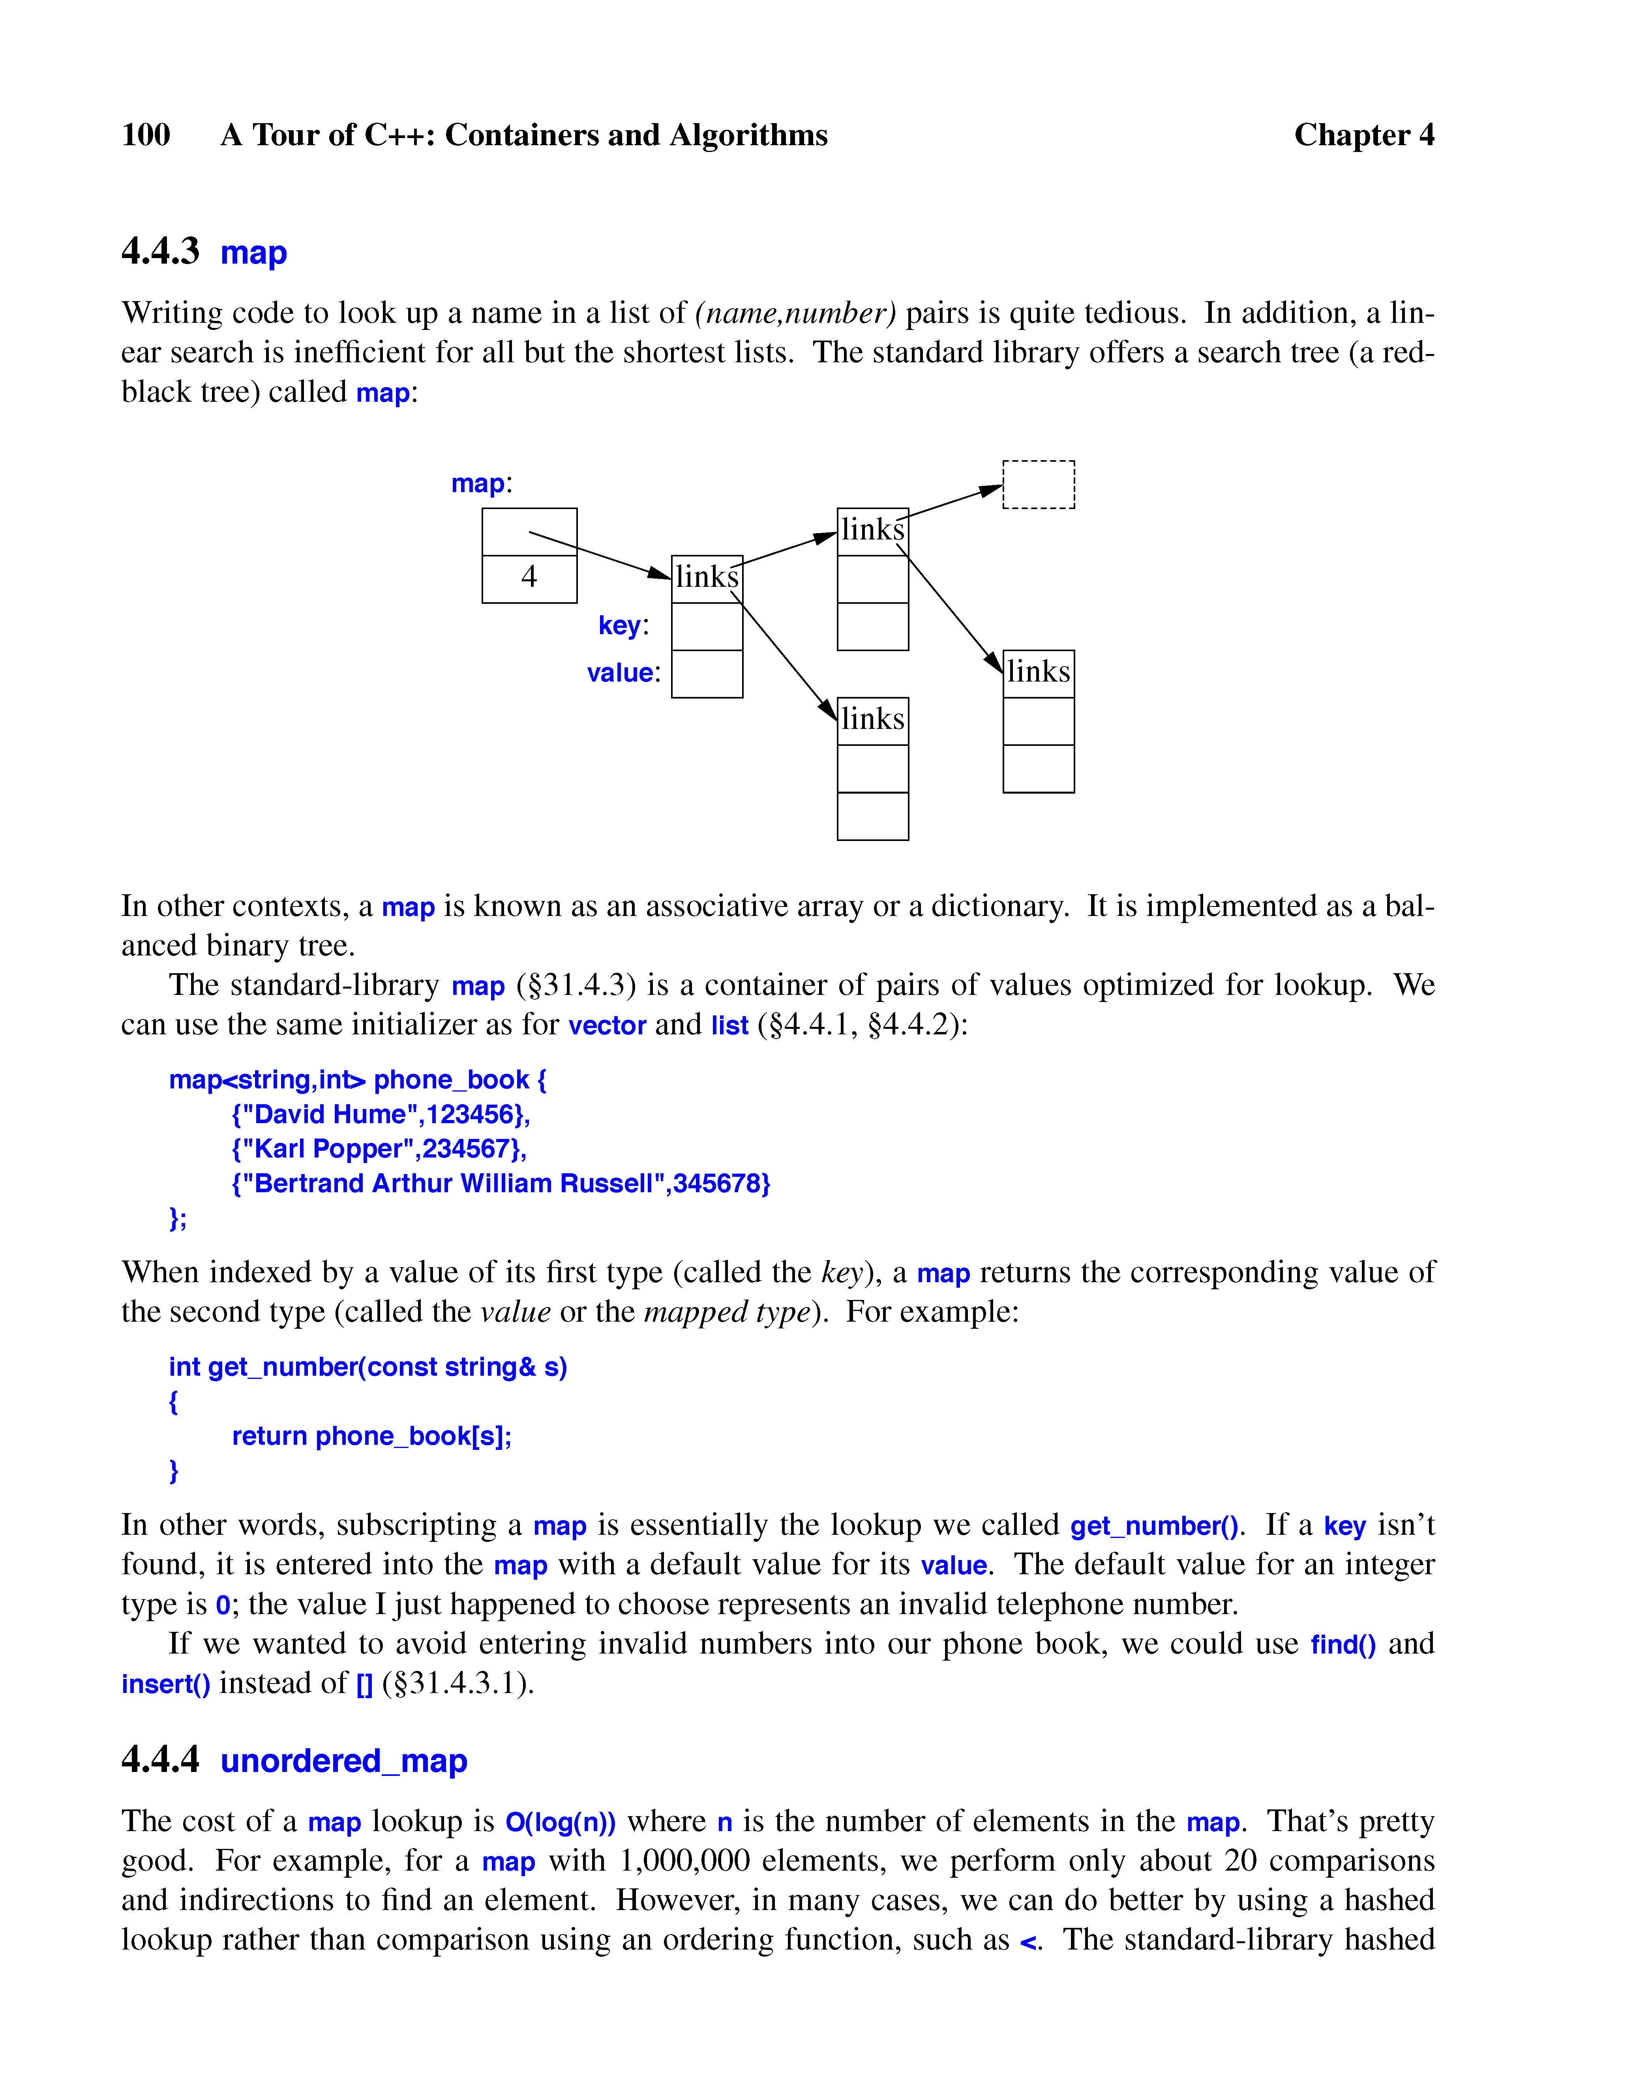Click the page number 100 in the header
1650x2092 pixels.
pos(146,134)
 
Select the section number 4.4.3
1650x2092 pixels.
pos(160,251)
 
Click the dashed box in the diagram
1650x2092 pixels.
pos(1039,484)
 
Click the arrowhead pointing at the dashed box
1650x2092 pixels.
pos(991,491)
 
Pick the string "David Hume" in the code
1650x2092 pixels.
pos(328,1114)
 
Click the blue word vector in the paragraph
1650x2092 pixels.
pos(607,1025)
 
